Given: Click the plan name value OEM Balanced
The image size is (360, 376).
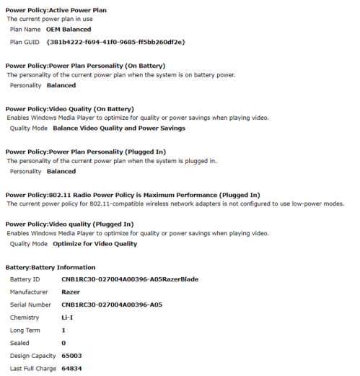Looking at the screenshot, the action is [69, 30].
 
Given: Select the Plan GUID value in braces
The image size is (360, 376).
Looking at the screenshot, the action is [115, 42].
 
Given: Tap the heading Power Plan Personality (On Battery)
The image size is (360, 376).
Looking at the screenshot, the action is [85, 66].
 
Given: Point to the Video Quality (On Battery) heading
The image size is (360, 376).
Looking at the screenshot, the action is [69, 108].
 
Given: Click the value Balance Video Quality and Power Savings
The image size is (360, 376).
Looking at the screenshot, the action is [119, 128].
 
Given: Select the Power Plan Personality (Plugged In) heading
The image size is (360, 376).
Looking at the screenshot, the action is [85, 152].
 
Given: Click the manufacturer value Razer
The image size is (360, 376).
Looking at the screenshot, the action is [71, 292].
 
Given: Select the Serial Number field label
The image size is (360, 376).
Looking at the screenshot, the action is [31, 305].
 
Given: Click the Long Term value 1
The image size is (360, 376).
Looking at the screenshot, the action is [63, 330].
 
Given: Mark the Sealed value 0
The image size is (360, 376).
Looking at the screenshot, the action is [63, 343].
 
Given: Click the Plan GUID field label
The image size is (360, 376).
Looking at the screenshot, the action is [25, 42].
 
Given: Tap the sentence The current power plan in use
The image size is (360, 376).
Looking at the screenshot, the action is [47, 19].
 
